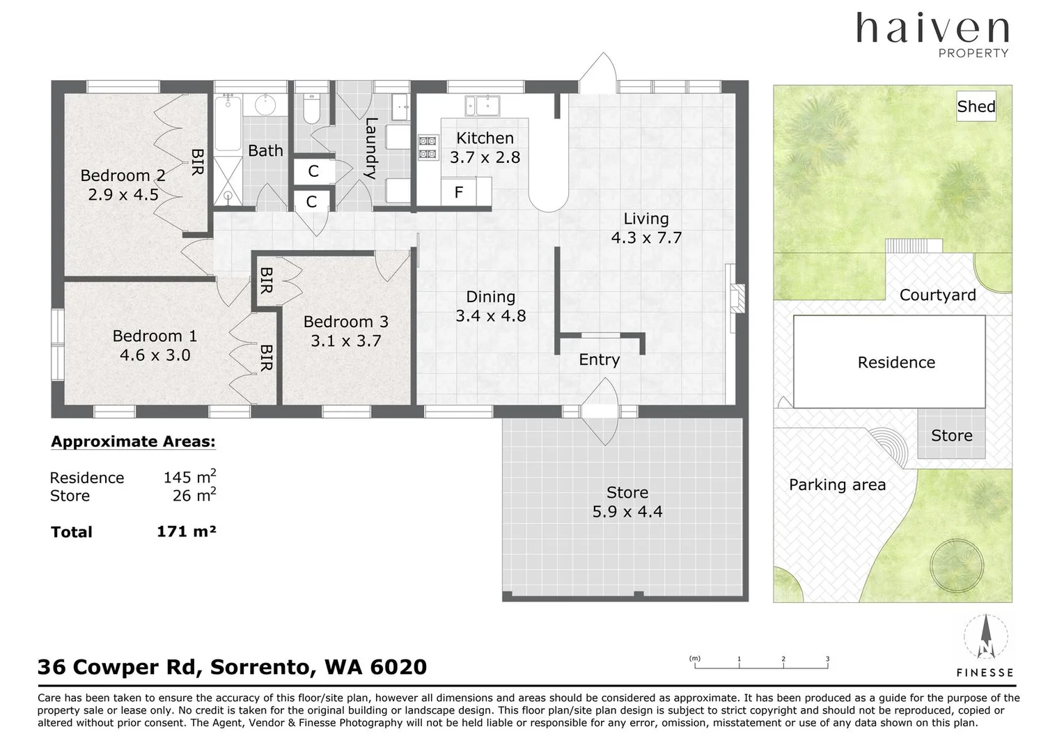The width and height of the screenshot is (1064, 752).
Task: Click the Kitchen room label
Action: pyautogui.click(x=485, y=139)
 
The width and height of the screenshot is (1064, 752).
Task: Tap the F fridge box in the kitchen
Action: pyautogui.click(x=458, y=192)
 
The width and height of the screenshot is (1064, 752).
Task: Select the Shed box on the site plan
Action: pyautogui.click(x=976, y=106)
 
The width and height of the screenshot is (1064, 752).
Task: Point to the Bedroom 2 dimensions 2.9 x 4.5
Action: pyautogui.click(x=123, y=194)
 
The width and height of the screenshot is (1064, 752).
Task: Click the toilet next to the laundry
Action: pyautogui.click(x=311, y=109)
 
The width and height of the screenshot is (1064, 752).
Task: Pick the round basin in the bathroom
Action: pyautogui.click(x=265, y=105)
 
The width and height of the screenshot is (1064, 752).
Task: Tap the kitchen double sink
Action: pyautogui.click(x=482, y=105)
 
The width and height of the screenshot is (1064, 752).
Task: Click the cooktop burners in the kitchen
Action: pyautogui.click(x=428, y=147)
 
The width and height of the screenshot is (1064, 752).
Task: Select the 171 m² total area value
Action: pyautogui.click(x=186, y=531)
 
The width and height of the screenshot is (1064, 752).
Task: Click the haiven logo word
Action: pyautogui.click(x=933, y=29)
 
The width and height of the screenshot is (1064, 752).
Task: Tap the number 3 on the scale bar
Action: pyautogui.click(x=827, y=659)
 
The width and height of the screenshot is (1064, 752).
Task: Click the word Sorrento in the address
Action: pyautogui.click(x=263, y=667)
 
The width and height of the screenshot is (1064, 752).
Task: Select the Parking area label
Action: pyautogui.click(x=838, y=485)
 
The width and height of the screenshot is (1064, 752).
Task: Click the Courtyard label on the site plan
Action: pyautogui.click(x=938, y=295)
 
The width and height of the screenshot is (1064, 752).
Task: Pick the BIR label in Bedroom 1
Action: pyautogui.click(x=267, y=357)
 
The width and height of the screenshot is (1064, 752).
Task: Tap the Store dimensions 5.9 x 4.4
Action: pyautogui.click(x=627, y=512)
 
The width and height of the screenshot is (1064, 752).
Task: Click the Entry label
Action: pyautogui.click(x=600, y=359)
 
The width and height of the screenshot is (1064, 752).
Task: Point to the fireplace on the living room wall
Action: pyautogui.click(x=737, y=298)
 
